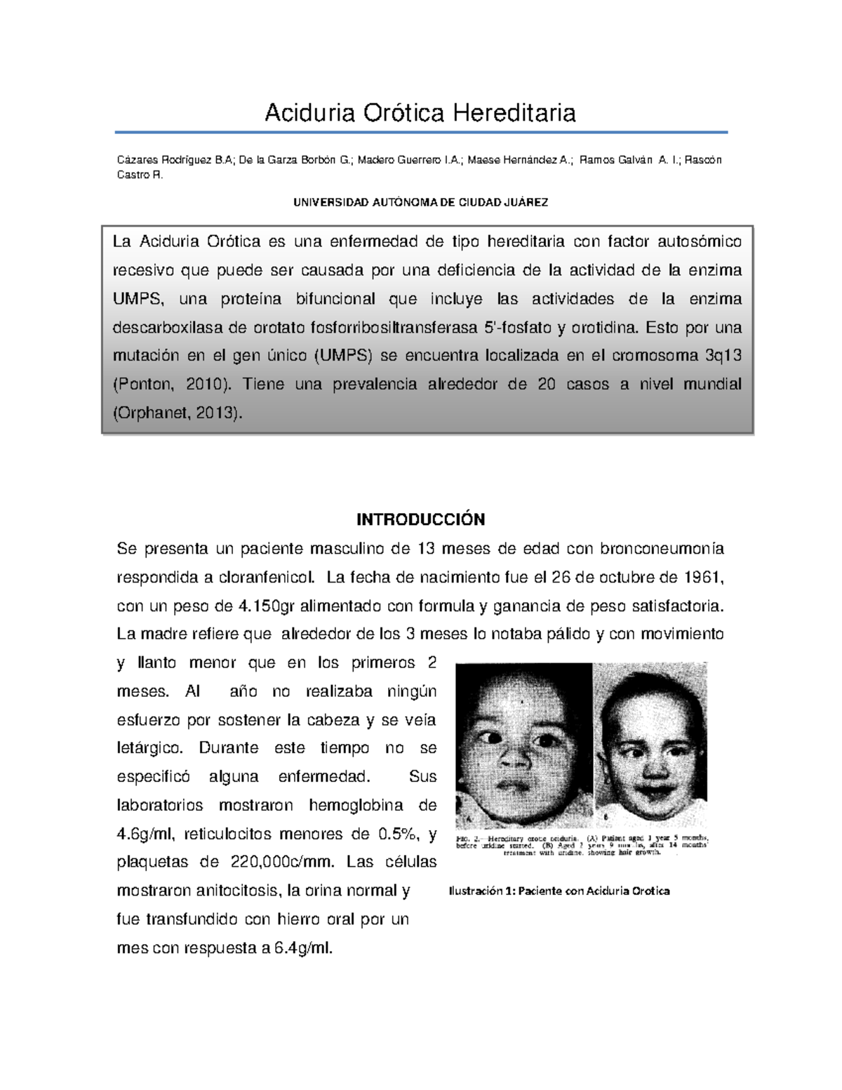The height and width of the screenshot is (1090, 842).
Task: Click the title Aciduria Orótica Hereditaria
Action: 420,112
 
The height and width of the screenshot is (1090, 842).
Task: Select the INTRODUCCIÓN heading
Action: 420,519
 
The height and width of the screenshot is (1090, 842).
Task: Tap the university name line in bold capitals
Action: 420,202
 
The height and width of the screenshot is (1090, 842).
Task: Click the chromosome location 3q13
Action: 722,355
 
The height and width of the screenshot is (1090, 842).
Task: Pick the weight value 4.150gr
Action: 267,605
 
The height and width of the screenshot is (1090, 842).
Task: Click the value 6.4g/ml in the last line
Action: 302,948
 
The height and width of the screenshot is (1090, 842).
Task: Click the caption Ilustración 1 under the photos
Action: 559,891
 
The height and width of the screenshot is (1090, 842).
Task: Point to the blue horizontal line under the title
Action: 420,132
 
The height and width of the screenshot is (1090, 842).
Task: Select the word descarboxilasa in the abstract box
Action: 166,327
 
